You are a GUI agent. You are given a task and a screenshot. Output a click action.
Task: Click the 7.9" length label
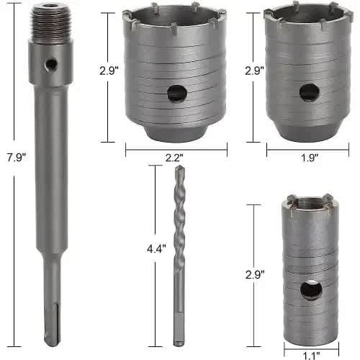coord(17,158)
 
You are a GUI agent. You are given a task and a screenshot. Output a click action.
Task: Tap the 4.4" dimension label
coord(156,248)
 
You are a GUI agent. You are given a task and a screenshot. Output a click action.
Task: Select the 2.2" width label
coord(174,158)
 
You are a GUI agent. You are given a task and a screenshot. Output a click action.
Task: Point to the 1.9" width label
coord(310,158)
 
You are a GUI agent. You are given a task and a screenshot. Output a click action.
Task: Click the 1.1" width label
coord(312,356)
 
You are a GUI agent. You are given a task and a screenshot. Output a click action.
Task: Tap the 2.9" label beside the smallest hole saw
coord(255,274)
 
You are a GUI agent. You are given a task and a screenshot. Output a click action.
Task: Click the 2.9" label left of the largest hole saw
coord(109,71)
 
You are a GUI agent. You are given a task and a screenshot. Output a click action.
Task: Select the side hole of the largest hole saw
coord(177,94)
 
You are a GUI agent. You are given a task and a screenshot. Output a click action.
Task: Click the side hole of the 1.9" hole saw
coord(310,92)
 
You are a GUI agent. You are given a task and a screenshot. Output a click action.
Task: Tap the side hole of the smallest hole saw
coord(311,290)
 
